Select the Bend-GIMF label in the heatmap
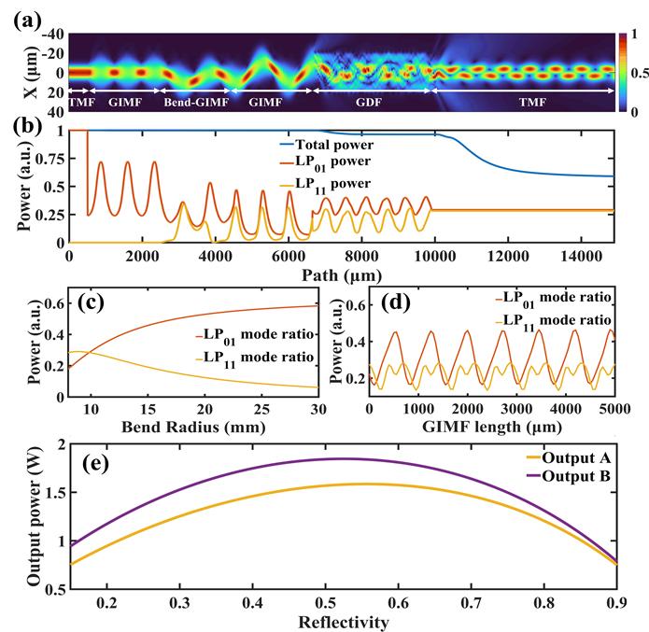[195, 102]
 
